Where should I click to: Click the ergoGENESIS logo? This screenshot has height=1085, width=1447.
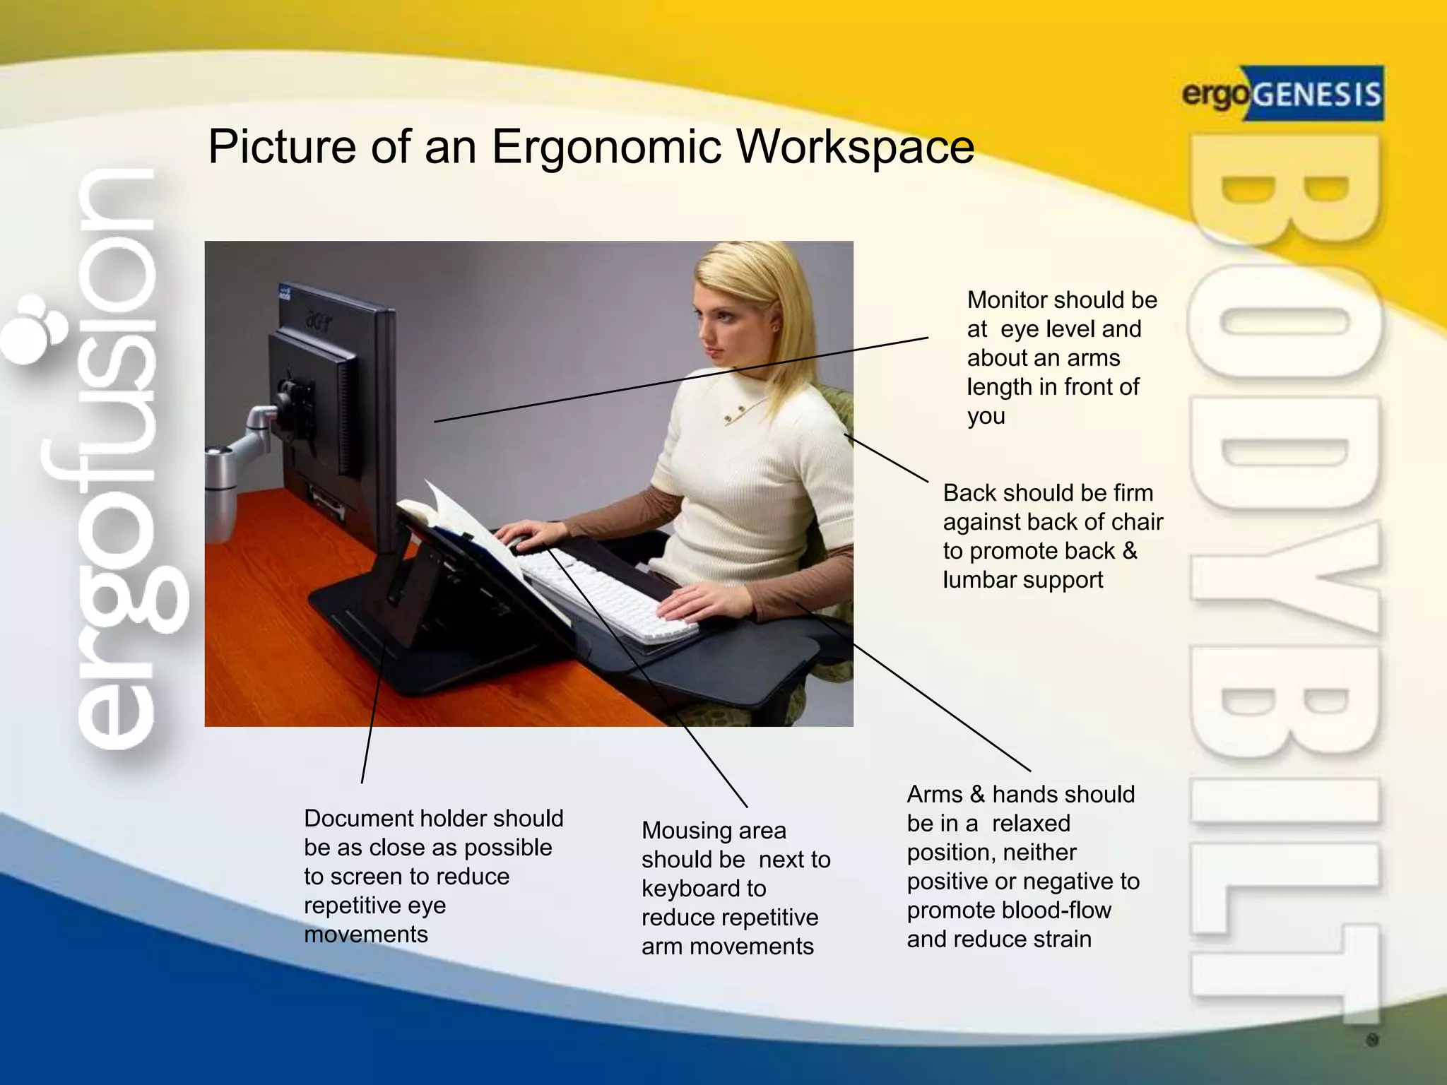(1282, 94)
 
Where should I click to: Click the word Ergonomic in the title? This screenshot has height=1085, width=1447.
(606, 147)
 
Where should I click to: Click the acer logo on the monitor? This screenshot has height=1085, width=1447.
(319, 322)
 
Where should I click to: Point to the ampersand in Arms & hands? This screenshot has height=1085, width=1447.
(977, 795)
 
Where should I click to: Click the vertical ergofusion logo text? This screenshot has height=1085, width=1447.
(117, 459)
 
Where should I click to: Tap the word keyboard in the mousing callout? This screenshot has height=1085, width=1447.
(703, 889)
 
